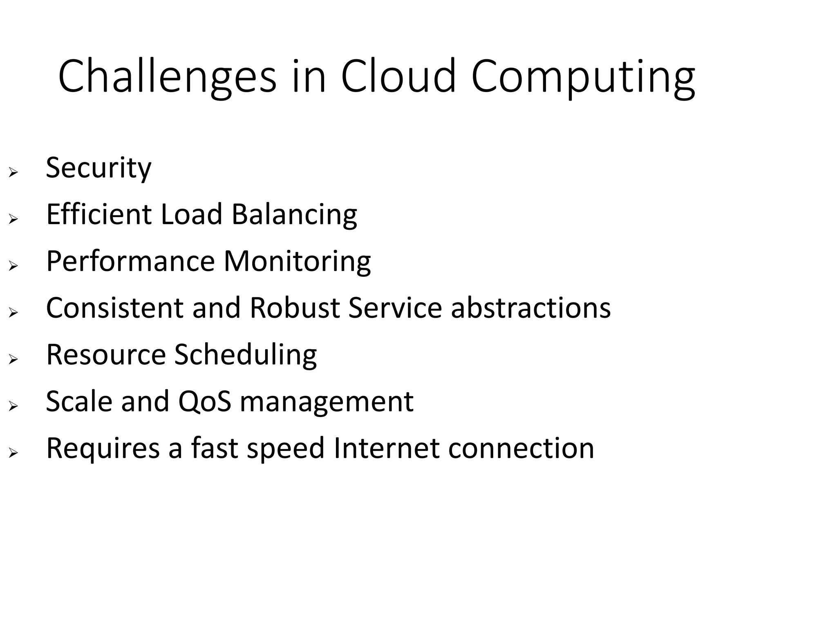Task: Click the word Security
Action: (98, 168)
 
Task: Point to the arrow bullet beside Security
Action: (13, 173)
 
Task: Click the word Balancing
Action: (294, 215)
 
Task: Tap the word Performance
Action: (130, 261)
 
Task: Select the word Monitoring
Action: (297, 262)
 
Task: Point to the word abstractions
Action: (530, 307)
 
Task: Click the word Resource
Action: (105, 354)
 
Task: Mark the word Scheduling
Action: (245, 355)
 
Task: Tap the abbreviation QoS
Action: (204, 401)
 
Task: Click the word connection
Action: (521, 448)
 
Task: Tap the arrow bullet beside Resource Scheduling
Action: (13, 359)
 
